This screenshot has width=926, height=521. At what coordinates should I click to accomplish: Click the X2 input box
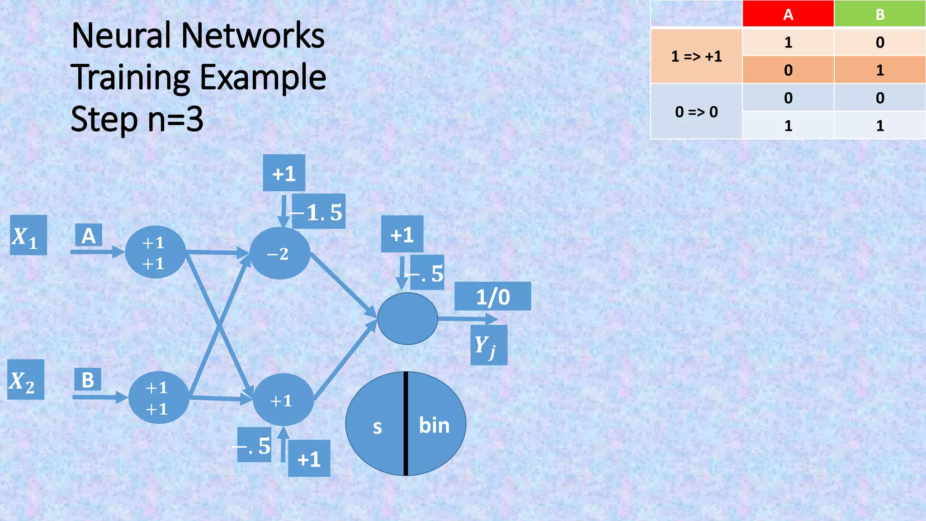click(25, 379)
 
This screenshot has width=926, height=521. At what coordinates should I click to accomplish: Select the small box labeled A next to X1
click(89, 235)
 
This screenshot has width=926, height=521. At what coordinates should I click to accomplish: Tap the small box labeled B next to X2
click(88, 379)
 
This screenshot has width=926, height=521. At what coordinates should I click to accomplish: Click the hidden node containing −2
click(279, 253)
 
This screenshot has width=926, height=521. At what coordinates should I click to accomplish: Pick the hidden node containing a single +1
click(283, 400)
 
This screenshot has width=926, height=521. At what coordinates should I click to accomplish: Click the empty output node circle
click(407, 318)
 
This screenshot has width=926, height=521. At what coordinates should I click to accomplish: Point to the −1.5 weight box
click(319, 212)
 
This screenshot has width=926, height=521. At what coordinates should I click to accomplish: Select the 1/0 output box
click(492, 297)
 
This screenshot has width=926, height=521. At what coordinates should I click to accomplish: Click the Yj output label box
click(488, 345)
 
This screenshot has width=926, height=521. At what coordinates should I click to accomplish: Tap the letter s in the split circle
click(377, 426)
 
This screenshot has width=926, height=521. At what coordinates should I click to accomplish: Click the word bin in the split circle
click(434, 425)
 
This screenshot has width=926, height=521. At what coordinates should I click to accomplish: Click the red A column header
click(788, 14)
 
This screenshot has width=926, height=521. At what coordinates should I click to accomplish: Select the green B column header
click(879, 14)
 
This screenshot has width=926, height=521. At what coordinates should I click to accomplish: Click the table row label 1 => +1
click(696, 56)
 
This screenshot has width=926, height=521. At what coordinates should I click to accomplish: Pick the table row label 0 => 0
click(696, 112)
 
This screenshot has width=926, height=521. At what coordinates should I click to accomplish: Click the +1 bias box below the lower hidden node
click(309, 459)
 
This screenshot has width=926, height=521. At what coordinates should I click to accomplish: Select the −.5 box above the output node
click(427, 273)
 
